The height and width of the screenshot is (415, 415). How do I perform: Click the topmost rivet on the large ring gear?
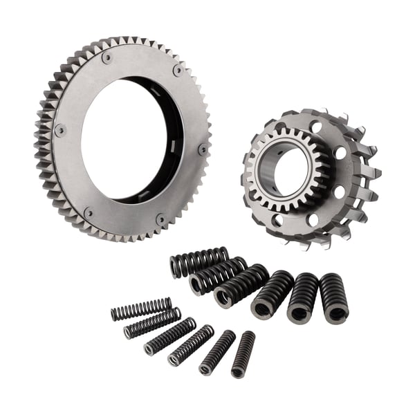click(107, 58)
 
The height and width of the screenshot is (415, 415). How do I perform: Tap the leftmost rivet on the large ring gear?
click(60, 129)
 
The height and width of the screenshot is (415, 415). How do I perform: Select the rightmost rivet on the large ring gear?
click(203, 147)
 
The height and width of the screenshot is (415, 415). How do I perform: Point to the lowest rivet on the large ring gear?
click(160, 220)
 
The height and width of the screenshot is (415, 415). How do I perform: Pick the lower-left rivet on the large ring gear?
click(89, 212)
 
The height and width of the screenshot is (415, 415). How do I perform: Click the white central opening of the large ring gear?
click(128, 138)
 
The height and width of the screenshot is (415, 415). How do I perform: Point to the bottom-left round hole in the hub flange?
click(278, 221)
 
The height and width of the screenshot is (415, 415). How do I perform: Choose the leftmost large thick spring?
click(199, 261)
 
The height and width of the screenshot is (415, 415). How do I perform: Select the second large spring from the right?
click(302, 296)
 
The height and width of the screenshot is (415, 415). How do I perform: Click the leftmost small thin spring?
click(141, 308)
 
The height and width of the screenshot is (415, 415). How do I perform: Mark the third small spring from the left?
click(169, 335)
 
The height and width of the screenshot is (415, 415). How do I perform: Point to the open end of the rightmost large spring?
click(337, 313)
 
